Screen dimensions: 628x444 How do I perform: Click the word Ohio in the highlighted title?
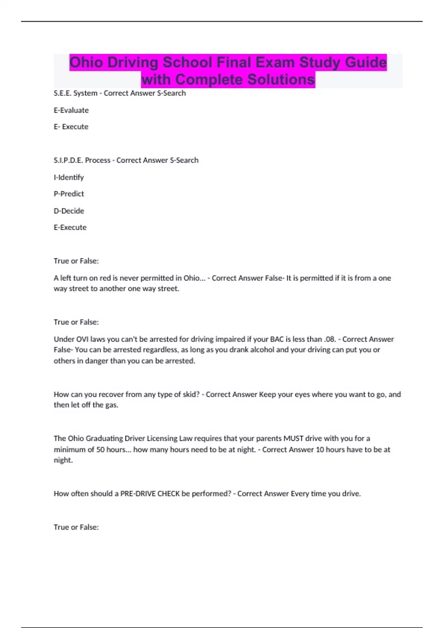[x=86, y=62]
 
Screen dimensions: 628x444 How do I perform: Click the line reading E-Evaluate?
[x=71, y=110]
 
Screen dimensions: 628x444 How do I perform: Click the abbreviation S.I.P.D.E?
[x=68, y=160]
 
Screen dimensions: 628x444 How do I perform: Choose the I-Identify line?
[x=69, y=177]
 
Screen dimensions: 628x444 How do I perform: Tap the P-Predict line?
[x=69, y=194]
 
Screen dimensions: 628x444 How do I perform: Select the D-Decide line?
[x=69, y=211]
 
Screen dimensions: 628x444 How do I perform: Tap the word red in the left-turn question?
[x=105, y=278]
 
